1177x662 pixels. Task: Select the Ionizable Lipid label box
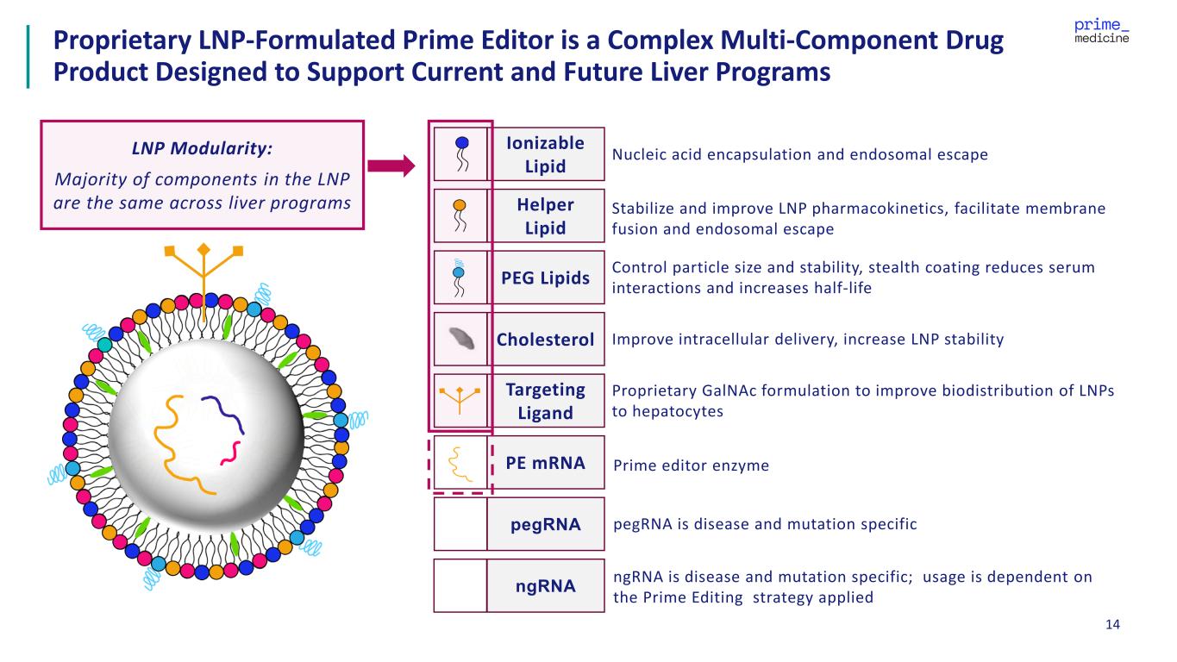[545, 154]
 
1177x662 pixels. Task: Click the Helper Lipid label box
[545, 216]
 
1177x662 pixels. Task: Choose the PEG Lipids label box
[545, 278]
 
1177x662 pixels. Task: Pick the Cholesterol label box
[545, 340]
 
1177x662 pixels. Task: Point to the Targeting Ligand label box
[545, 401]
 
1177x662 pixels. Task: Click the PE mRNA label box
[545, 463]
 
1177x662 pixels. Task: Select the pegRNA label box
[545, 524]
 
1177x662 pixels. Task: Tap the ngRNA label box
[545, 586]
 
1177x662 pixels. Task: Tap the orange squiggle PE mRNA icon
[460, 463]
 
